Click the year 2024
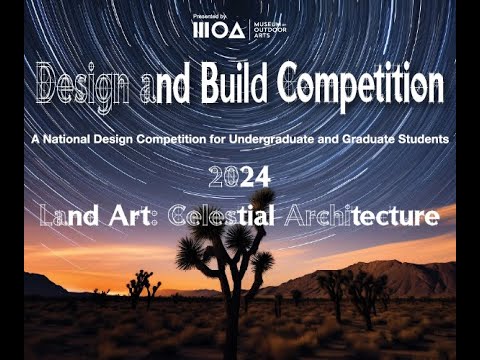[x=240, y=177]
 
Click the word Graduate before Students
[x=372, y=136]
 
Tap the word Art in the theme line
[x=132, y=215]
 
